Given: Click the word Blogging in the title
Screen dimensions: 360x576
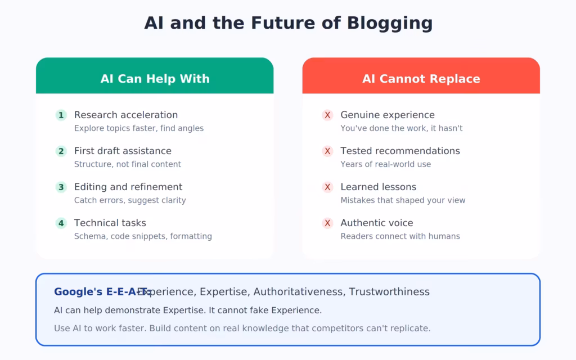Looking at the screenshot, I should tap(390, 24).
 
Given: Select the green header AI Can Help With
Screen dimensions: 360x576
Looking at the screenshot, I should tap(155, 79).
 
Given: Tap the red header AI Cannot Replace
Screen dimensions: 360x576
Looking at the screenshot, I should tap(421, 79).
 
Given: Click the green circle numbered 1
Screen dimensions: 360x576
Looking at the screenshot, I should tap(61, 115).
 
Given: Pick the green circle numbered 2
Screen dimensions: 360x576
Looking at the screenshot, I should tap(61, 151).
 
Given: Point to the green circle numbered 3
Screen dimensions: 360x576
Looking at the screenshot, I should tap(61, 187).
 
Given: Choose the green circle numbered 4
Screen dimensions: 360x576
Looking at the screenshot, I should tap(61, 223).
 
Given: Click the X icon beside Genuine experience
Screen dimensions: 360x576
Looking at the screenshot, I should tap(327, 115).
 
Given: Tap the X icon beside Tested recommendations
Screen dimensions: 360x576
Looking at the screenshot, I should tap(327, 151).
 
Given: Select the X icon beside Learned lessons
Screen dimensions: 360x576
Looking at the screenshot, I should tap(327, 187).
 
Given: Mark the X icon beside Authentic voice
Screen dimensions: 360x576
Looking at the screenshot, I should tap(327, 223).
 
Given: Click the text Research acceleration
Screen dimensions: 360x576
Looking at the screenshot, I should tap(126, 115).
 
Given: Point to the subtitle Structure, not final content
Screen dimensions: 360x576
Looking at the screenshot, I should tap(128, 164).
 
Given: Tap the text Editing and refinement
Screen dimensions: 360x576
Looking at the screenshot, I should tap(128, 187).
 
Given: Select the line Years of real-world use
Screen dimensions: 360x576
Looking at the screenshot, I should tap(385, 164).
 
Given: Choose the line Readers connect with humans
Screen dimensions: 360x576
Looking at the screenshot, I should tap(400, 236).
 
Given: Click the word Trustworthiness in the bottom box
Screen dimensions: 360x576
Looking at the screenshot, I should tap(389, 292).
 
